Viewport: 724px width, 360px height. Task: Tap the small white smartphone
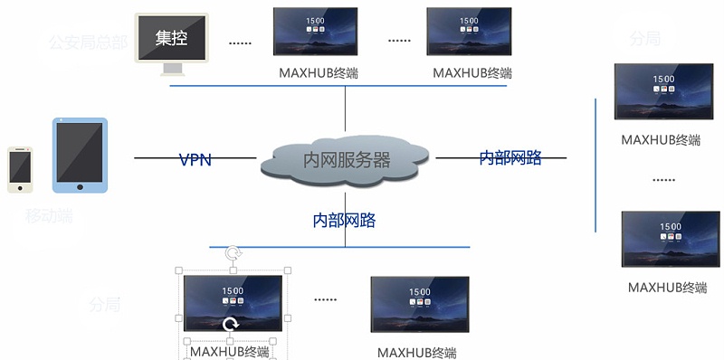(20, 169)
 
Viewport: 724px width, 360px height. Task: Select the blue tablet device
(80, 155)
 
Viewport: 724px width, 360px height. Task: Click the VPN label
(195, 160)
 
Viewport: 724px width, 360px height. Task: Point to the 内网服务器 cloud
(346, 160)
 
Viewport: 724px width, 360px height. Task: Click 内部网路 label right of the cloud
(510, 158)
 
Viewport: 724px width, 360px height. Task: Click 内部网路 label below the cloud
(344, 220)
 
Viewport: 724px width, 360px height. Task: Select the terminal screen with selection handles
(233, 303)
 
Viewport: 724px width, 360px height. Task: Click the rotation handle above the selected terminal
(233, 253)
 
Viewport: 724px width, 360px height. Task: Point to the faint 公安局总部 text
(88, 42)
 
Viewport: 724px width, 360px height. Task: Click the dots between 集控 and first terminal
(240, 43)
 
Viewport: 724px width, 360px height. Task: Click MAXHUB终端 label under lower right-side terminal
(667, 288)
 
